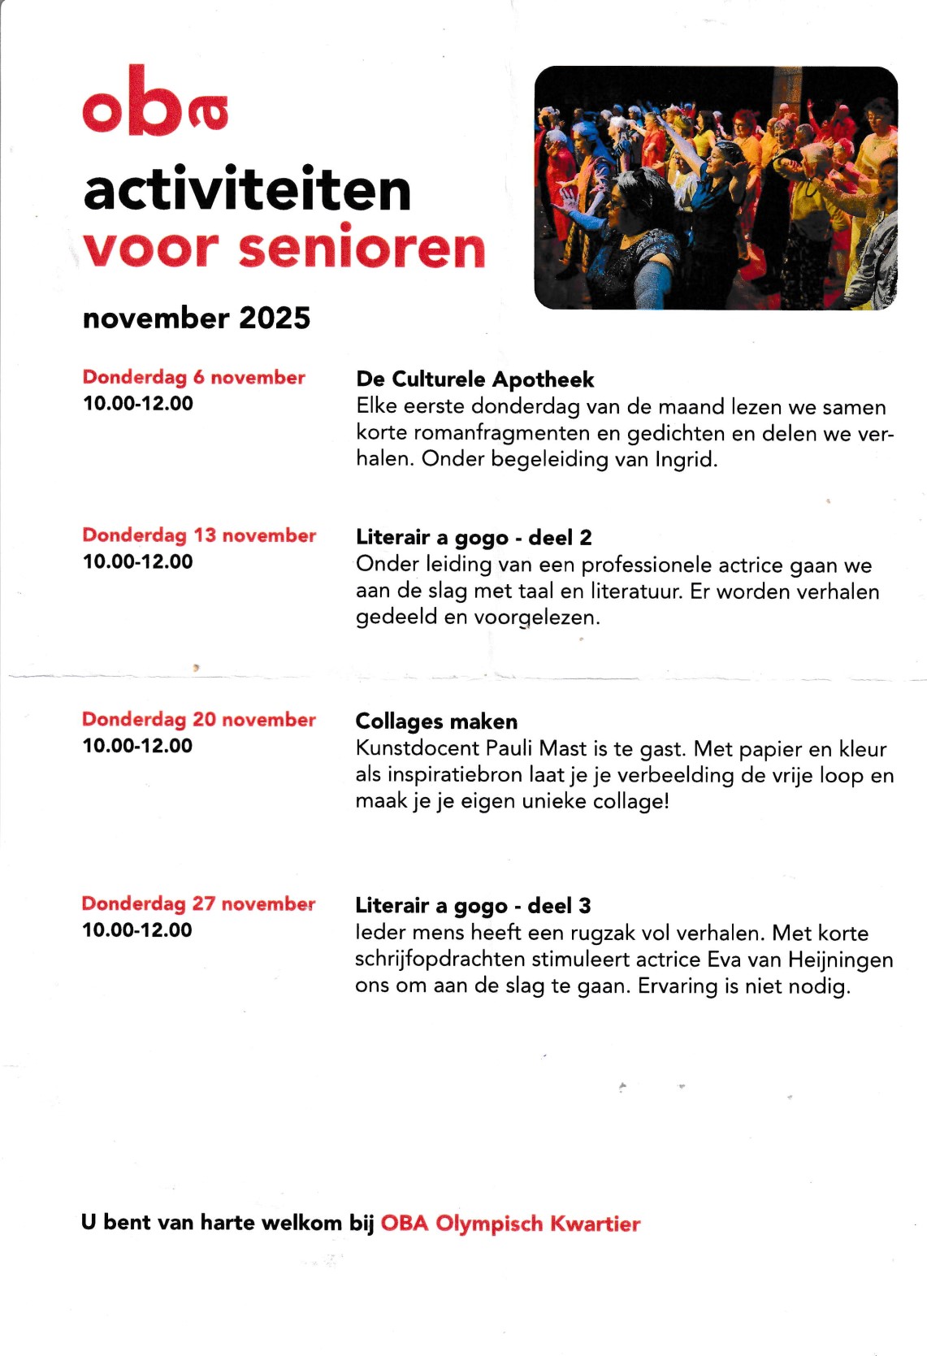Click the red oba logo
[x=154, y=104]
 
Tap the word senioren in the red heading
[x=362, y=248]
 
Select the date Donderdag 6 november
[x=193, y=377]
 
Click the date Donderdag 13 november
[x=199, y=535]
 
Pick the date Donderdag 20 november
[x=199, y=719]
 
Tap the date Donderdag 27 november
[x=198, y=903]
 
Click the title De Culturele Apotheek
[x=474, y=379]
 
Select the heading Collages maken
[x=436, y=721]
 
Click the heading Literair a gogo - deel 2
[x=474, y=537]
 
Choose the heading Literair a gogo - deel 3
[x=473, y=905]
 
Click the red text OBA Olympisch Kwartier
[x=510, y=1223]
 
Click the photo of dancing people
[x=716, y=188]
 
